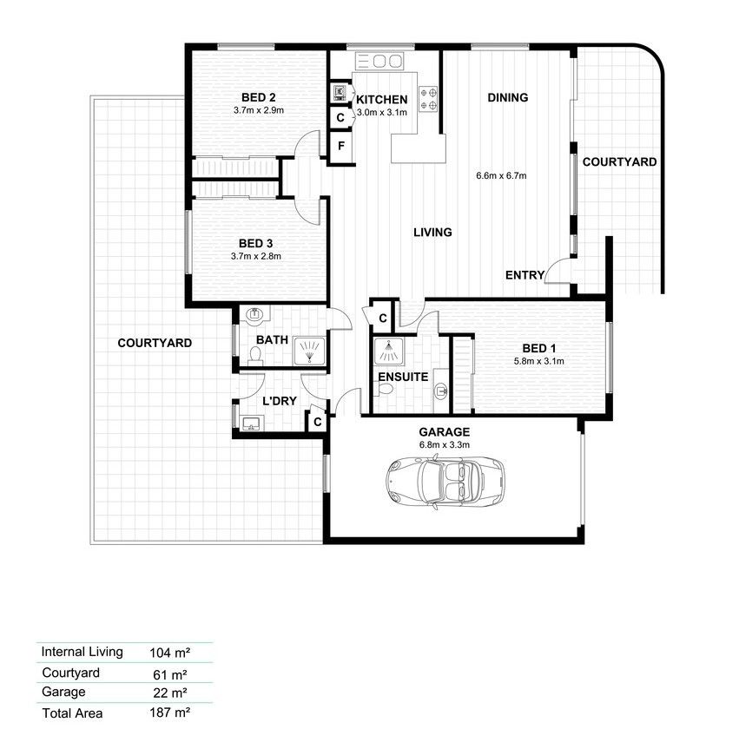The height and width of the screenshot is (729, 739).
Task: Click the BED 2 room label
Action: click(x=259, y=97)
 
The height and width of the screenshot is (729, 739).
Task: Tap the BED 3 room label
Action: click(x=257, y=243)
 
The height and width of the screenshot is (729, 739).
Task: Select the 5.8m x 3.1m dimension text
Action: click(x=538, y=361)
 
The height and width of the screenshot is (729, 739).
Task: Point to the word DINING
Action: click(x=508, y=98)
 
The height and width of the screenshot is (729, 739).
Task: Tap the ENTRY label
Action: click(x=525, y=276)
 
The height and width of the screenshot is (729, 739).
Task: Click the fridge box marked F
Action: click(x=341, y=147)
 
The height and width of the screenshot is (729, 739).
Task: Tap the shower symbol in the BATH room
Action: click(x=307, y=351)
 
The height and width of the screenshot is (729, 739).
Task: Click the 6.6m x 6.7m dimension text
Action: click(x=501, y=176)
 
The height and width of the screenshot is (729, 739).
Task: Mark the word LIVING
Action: click(x=432, y=233)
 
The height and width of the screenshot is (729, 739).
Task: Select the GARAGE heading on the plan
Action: click(x=444, y=432)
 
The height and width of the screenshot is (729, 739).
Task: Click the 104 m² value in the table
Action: click(x=171, y=653)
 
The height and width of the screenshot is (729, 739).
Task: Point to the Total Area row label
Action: click(x=73, y=713)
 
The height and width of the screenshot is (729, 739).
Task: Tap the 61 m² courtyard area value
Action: click(x=171, y=673)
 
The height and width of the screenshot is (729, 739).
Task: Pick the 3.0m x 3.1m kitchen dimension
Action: click(x=381, y=112)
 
